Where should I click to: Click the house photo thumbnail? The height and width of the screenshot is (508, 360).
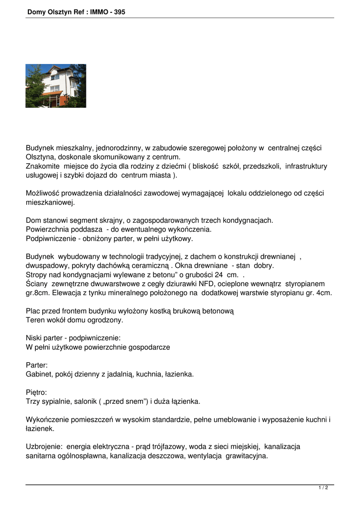point(56,86)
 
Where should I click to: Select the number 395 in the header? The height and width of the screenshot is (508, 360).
point(120,12)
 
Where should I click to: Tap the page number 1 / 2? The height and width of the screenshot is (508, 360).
point(323,488)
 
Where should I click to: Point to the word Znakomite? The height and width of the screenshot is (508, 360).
point(43,166)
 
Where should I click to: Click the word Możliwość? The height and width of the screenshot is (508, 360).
point(43,193)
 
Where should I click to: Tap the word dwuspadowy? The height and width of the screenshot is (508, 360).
point(46,265)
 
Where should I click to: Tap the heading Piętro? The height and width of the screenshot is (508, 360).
point(36,392)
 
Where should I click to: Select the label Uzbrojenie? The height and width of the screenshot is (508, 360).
point(44,446)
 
